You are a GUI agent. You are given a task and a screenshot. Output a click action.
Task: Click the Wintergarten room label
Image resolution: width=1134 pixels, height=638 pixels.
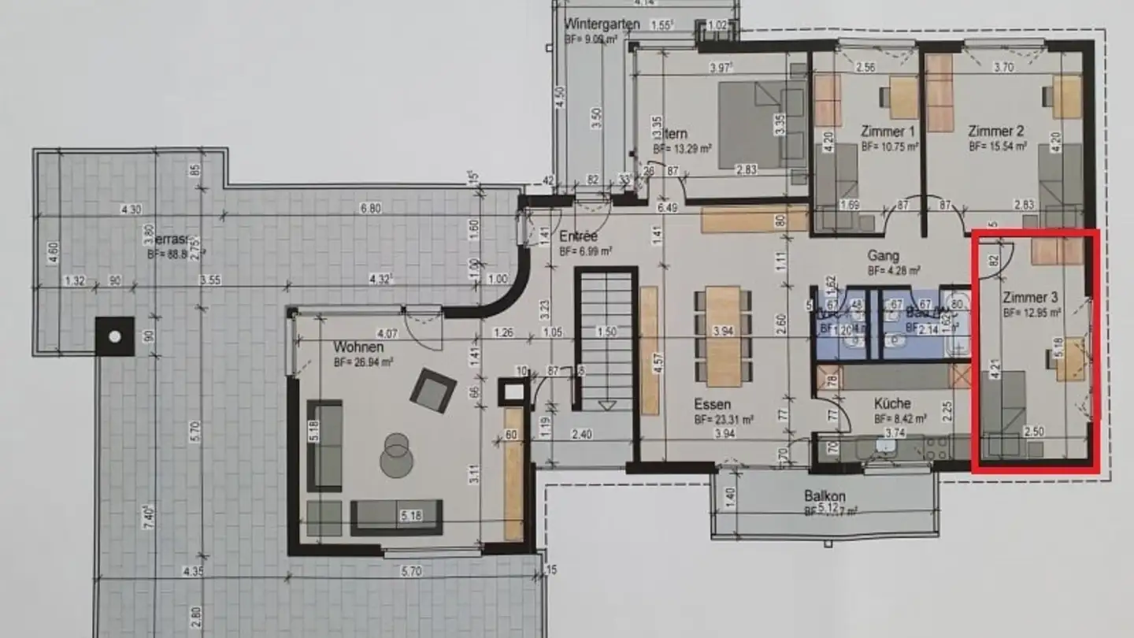coord(602,23)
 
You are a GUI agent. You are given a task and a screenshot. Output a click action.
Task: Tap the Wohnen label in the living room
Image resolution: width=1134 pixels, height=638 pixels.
coord(358,347)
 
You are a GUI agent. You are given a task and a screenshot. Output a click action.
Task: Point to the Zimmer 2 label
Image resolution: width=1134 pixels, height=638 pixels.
coord(996,132)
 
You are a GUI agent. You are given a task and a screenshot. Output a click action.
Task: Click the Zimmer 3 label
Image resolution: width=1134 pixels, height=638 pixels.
coord(1030,298)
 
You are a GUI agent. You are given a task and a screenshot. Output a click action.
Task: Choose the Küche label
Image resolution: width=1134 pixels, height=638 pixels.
coord(892,403)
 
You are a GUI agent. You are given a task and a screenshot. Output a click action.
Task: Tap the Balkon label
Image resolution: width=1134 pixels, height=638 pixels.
coord(825,496)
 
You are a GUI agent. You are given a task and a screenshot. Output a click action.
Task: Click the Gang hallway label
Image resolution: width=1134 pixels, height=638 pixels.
coord(883,256)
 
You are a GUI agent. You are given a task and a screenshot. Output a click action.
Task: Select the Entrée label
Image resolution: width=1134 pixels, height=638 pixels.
coord(579,236)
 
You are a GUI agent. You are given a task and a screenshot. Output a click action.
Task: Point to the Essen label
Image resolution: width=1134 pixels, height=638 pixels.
coord(712,405)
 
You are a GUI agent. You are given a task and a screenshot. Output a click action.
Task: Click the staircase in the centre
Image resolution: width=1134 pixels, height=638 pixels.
coord(606,339)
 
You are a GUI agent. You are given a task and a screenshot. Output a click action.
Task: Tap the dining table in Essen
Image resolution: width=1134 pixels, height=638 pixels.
coord(723,336)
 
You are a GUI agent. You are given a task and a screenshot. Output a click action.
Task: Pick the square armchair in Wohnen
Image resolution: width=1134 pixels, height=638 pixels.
coord(433,390)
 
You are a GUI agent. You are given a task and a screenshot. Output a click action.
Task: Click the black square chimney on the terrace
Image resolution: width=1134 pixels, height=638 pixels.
coord(115,336)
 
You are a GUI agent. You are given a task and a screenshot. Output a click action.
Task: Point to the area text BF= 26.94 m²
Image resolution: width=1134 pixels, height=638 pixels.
coord(363,362)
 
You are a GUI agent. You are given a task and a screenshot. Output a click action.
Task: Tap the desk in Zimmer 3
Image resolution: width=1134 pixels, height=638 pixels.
coord(1069,358)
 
